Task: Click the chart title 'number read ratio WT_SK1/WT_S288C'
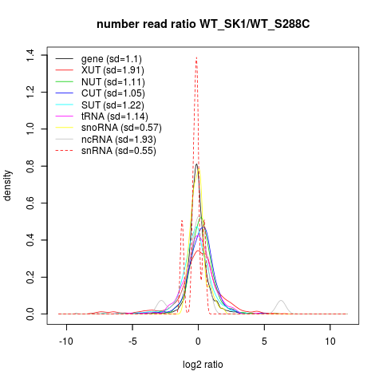(203, 25)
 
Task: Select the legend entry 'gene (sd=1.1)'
(112, 59)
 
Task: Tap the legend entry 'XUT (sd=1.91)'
(113, 70)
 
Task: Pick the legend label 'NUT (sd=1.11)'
(113, 82)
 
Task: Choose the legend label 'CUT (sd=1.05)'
(113, 93)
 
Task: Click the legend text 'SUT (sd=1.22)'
(113, 105)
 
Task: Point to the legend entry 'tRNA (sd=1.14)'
(115, 116)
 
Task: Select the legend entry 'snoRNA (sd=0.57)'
(121, 128)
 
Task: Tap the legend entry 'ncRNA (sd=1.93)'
(119, 140)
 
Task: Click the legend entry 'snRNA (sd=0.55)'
(119, 151)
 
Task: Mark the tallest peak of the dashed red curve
(196, 57)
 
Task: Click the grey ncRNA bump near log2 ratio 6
(281, 301)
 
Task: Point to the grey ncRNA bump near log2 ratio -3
(161, 301)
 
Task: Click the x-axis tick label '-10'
(66, 342)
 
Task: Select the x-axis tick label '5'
(264, 342)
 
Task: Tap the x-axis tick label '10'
(330, 342)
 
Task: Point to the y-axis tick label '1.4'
(30, 55)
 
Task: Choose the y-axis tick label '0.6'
(30, 203)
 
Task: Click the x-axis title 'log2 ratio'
(203, 365)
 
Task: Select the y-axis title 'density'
(7, 185)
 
